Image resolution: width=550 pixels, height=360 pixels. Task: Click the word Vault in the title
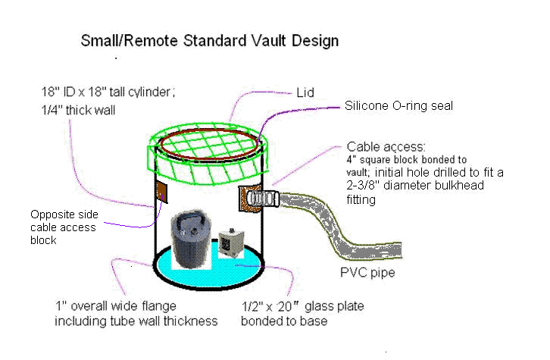[269, 41]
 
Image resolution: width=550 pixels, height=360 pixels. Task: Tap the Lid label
[305, 92]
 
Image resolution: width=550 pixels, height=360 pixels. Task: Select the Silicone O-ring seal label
[398, 105]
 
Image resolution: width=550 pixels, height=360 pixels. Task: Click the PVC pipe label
[367, 273]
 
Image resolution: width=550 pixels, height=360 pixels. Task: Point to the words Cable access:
[386, 147]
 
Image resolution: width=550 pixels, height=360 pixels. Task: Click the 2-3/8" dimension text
[363, 185]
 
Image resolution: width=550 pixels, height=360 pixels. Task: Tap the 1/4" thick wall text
[78, 110]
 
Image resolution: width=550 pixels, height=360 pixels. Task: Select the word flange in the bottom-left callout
[159, 306]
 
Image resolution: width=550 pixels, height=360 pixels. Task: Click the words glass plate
[334, 306]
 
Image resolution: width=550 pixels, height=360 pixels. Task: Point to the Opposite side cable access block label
[64, 227]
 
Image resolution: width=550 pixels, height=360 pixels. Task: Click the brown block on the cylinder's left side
[161, 192]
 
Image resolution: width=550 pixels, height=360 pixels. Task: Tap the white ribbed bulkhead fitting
[263, 199]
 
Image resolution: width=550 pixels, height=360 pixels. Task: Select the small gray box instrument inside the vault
[231, 243]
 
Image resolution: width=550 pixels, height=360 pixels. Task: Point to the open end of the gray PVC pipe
[400, 251]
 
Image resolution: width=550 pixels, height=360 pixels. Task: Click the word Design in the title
[315, 41]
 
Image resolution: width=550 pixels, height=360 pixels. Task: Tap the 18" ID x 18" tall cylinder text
[108, 92]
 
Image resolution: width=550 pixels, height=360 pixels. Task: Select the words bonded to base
[284, 321]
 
